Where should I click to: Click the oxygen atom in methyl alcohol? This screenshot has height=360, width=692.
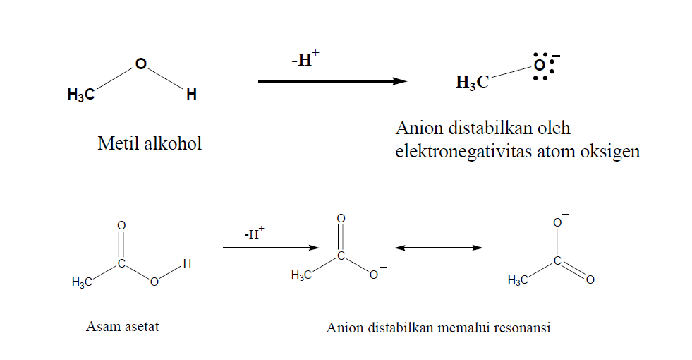coord(140,64)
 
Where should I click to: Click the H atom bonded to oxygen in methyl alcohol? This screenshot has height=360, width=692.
coord(191,95)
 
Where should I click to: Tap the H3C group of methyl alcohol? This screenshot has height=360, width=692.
coord(81,95)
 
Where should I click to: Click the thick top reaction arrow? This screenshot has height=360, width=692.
coord(332,82)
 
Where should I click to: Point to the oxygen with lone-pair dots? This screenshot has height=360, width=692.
coord(540,66)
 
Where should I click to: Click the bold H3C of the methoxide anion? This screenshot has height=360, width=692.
coord(472,83)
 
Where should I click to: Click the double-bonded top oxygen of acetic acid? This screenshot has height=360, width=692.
coord(121,225)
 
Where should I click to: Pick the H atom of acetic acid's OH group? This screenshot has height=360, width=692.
coord(186,264)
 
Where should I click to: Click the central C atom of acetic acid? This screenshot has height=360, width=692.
coord(121,263)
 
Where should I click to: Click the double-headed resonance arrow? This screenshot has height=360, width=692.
coord(439,248)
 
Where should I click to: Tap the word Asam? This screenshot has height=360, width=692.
coord(101,327)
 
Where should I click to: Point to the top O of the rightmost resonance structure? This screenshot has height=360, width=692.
coord(557,224)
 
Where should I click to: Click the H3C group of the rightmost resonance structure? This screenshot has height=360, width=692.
coord(518,281)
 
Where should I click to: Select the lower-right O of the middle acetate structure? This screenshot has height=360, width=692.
coord(374,275)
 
